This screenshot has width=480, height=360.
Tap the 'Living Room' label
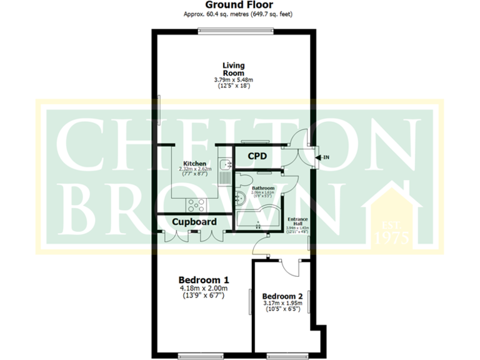point(234,69)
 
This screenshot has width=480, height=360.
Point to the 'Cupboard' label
point(194,222)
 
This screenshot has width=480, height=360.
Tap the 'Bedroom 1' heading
point(203,279)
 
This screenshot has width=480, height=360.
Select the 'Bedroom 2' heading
point(282,296)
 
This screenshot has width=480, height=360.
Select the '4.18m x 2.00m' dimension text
point(203,288)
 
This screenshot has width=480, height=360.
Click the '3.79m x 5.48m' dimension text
point(234,80)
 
